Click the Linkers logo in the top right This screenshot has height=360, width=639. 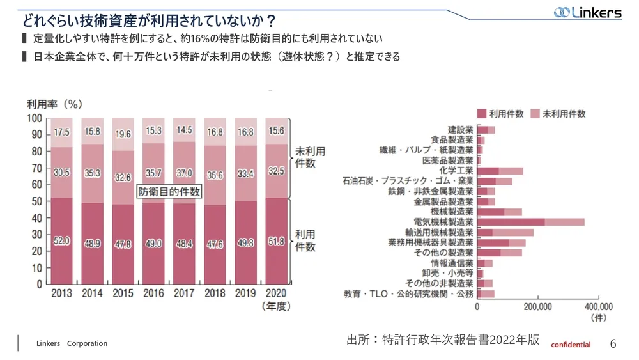coord(587,13)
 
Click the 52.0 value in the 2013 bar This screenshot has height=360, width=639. coord(61,241)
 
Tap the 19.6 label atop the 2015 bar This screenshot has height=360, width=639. coord(123,134)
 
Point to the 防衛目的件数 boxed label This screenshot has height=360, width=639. coord(169,191)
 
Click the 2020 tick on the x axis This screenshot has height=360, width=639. coord(276,294)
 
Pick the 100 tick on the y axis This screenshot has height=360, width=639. coord(35,118)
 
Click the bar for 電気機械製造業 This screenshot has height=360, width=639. coord(530,222)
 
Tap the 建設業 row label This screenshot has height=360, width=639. coord(460,130)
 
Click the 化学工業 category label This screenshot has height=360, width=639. coord(456,171)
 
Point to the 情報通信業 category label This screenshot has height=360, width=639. coord(452,263)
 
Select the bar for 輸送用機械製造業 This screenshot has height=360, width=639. coord(505,232)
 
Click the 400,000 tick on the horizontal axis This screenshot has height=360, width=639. coord(597,306)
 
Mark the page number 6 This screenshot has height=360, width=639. coord(613,343)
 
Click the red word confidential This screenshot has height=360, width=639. coord(571,345)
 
